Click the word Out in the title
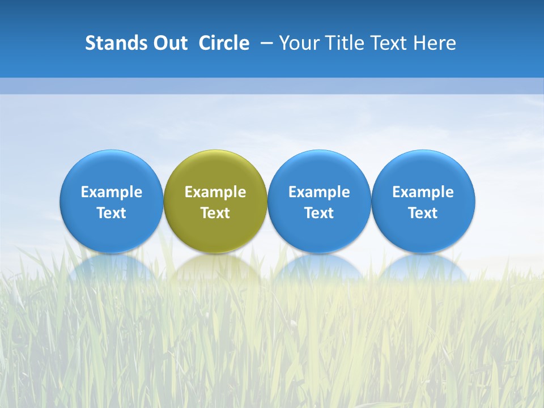pyautogui.click(x=169, y=43)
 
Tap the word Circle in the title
pyautogui.click(x=224, y=43)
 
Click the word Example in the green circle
pyautogui.click(x=215, y=192)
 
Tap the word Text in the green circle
pyautogui.click(x=215, y=213)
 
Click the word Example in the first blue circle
pyautogui.click(x=112, y=192)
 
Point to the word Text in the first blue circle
pyautogui.click(x=112, y=213)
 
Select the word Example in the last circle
pyautogui.click(x=423, y=192)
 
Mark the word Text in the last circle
pyautogui.click(x=423, y=213)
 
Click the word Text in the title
pyautogui.click(x=390, y=43)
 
